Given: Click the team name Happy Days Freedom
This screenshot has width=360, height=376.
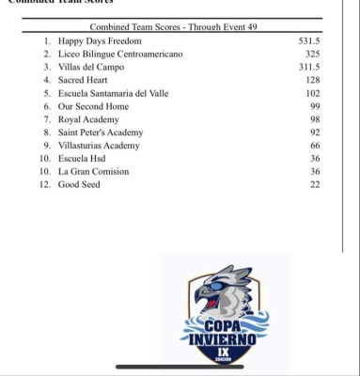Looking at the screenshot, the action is [x=100, y=42].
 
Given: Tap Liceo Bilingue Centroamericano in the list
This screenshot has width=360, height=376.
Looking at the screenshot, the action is [x=120, y=55].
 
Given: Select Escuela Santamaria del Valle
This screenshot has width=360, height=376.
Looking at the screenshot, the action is [x=115, y=94].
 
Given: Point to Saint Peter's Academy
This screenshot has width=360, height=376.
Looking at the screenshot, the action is [x=102, y=133].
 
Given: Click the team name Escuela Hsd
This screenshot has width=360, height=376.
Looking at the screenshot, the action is [x=84, y=159].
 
